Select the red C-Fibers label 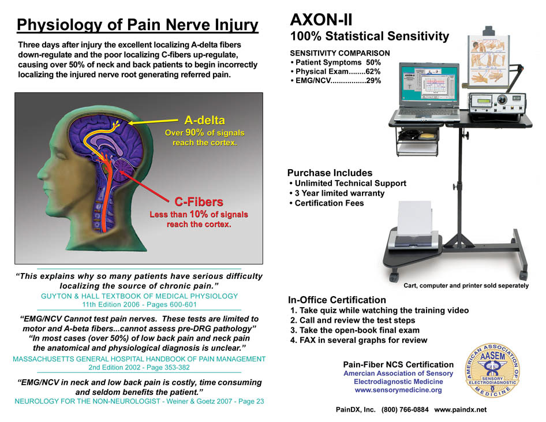199,201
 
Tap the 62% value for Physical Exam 373,72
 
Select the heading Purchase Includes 330,173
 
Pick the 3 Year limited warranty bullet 339,193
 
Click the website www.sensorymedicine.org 398,390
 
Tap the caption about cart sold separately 465,286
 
